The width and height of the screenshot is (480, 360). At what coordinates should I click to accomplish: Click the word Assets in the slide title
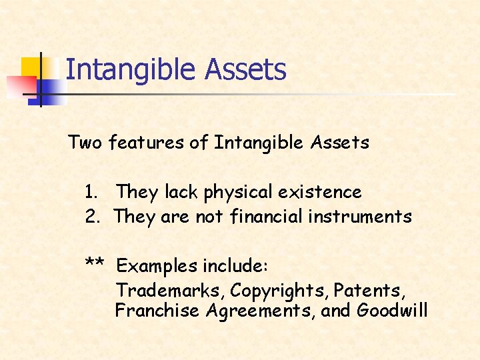pos(246,70)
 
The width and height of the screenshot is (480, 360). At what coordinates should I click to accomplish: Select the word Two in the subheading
pos(85,143)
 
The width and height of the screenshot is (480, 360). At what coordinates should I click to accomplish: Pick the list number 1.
pos(91,193)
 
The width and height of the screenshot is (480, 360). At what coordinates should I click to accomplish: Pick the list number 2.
pos(91,217)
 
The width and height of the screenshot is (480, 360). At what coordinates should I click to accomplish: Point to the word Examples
pos(157,267)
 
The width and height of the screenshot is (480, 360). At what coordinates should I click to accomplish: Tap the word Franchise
pos(157,311)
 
